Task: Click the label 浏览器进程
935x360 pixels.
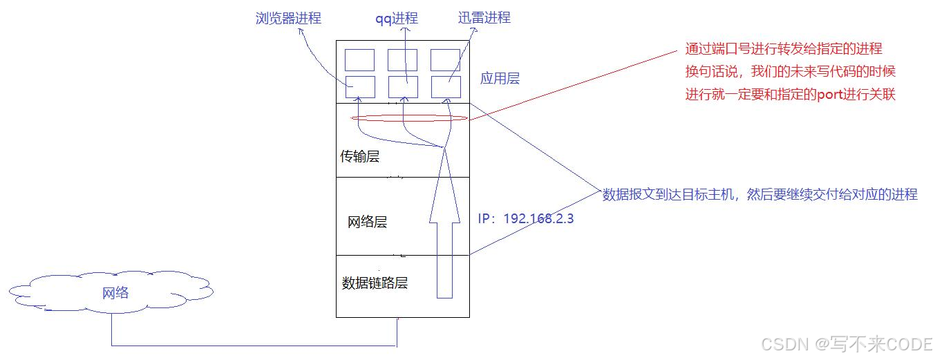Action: pos(288,19)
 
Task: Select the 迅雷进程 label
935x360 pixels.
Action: pos(484,18)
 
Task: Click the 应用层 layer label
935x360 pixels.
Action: pos(500,79)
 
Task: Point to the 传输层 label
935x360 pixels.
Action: pos(359,157)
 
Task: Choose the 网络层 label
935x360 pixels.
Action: pos(367,222)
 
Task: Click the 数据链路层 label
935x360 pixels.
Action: pos(375,283)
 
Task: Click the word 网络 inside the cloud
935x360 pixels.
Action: pos(115,293)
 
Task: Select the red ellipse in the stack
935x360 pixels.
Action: pos(409,119)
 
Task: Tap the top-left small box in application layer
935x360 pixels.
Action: pos(360,59)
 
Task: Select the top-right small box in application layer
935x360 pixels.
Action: pos(445,59)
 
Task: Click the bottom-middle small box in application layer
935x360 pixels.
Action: pos(402,87)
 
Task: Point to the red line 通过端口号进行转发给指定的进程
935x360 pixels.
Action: pos(783,49)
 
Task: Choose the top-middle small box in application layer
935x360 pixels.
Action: pos(402,59)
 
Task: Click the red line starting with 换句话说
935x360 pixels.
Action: pos(790,72)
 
